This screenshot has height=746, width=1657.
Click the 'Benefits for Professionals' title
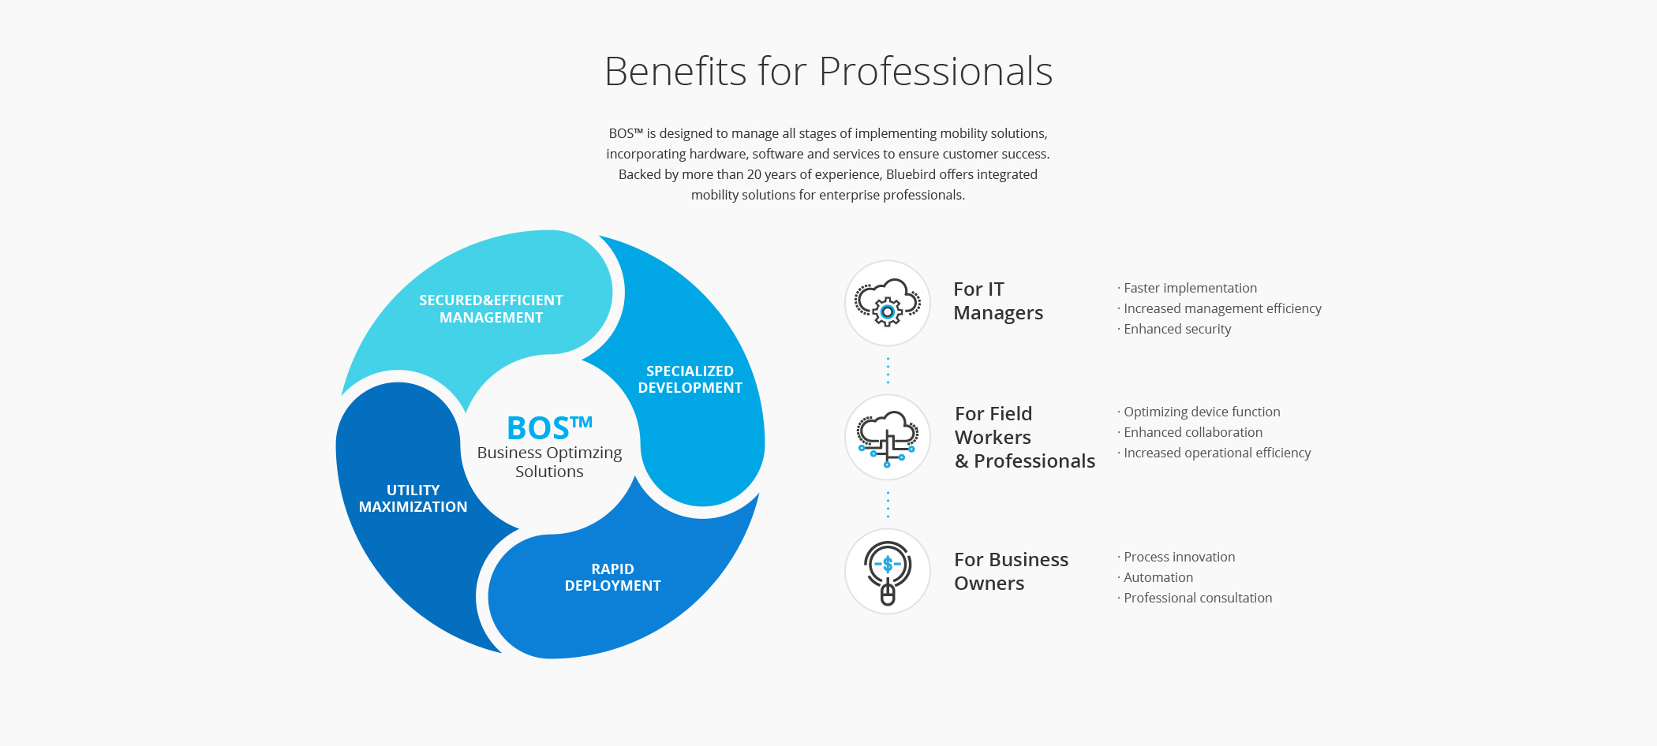tap(828, 71)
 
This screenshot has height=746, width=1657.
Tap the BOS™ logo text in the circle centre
tap(549, 427)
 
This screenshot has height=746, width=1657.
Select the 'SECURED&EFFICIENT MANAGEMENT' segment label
tap(491, 308)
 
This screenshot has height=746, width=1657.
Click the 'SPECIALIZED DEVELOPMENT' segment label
tap(690, 379)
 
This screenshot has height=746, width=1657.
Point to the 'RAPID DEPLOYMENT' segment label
tap(612, 577)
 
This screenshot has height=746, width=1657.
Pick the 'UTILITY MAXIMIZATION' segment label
tap(413, 498)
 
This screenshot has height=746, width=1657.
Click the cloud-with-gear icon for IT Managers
tap(888, 303)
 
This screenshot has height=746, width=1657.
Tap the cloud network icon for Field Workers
tap(888, 438)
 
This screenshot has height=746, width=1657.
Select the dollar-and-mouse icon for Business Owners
tap(888, 573)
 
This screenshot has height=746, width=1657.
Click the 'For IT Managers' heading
tap(998, 301)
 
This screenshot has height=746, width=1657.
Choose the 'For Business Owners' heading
tap(1011, 572)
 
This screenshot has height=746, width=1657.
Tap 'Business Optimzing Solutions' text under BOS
tap(549, 462)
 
